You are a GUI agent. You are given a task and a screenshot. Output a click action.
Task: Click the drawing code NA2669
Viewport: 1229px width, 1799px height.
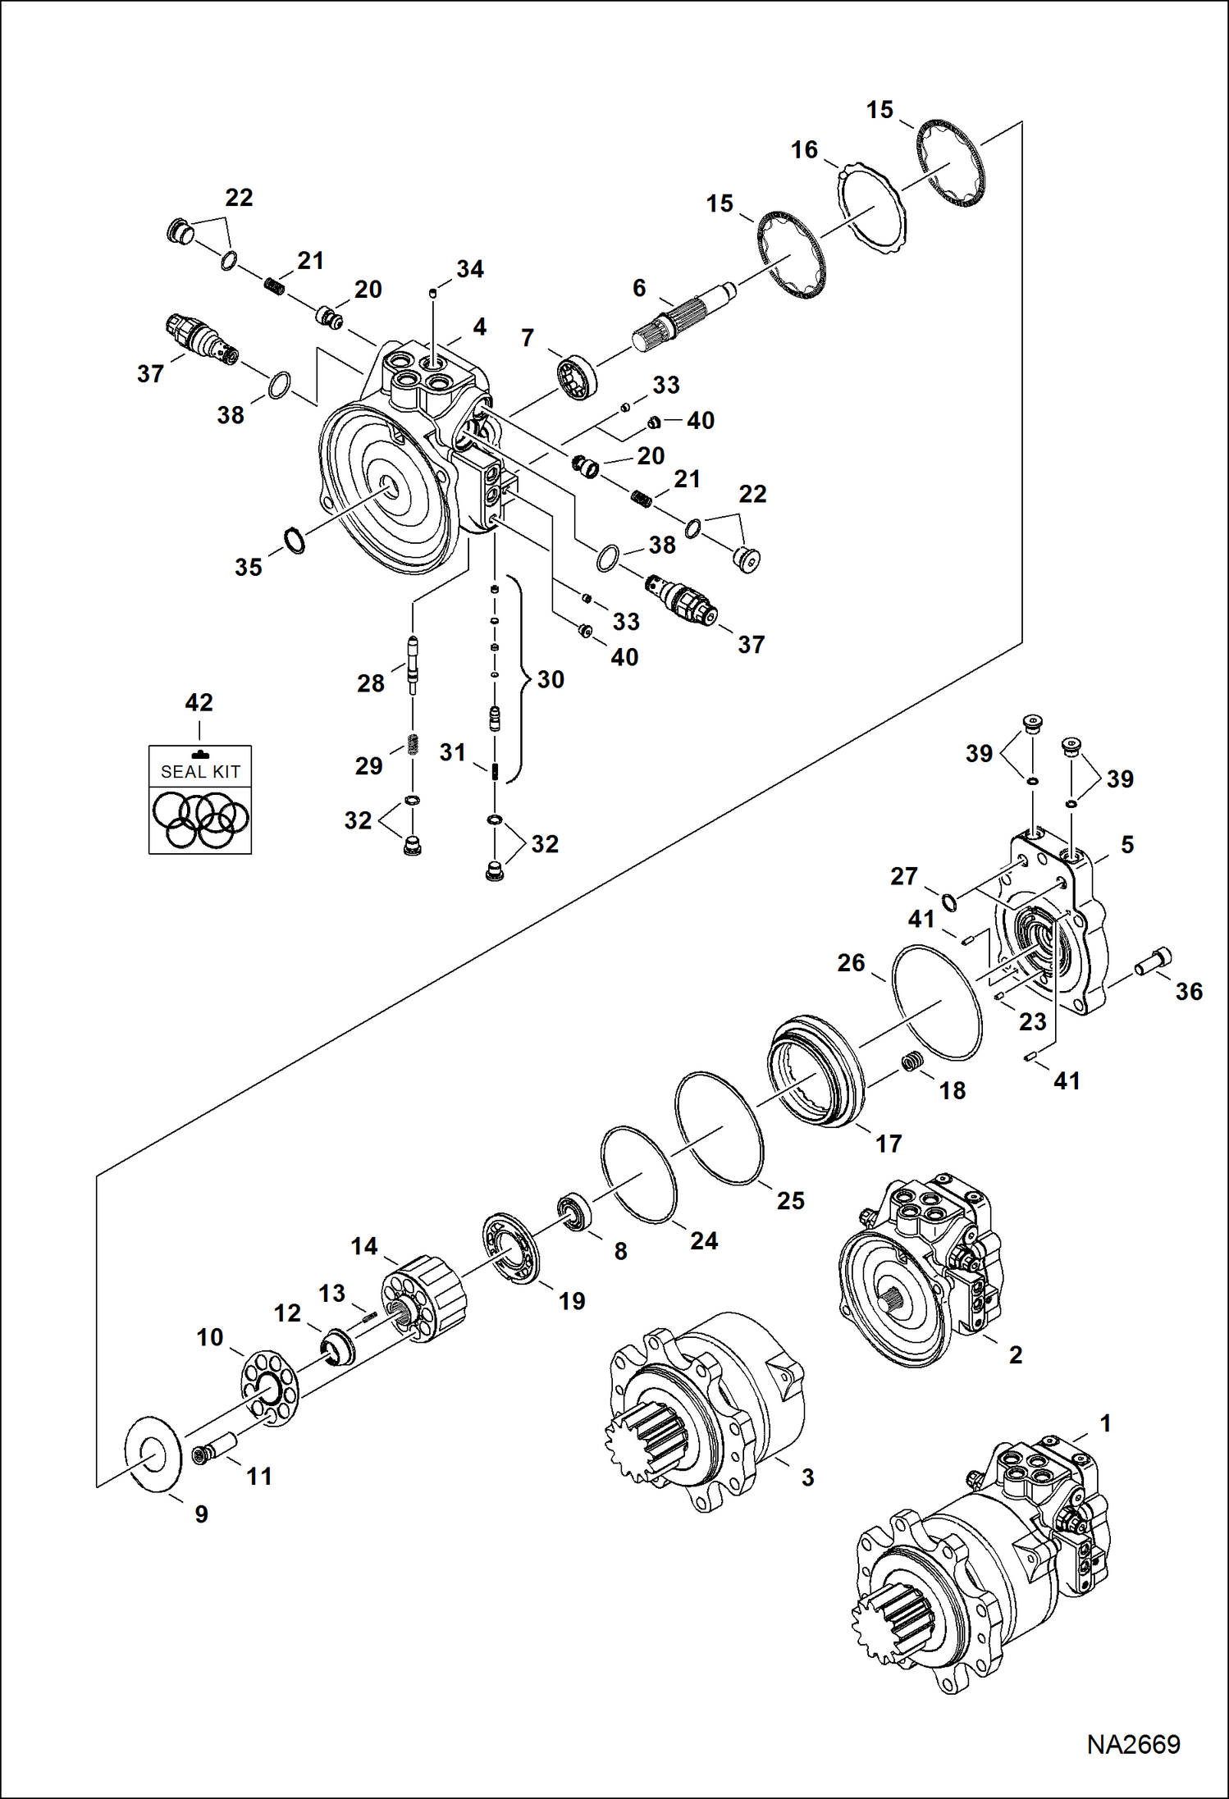[x=1133, y=1743]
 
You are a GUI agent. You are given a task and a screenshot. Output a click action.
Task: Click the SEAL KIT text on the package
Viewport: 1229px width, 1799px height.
[x=200, y=772]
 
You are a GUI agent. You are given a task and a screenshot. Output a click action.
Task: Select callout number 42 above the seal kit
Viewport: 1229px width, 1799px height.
[x=199, y=702]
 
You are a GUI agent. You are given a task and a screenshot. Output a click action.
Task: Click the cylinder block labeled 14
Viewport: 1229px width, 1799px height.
[x=425, y=1297]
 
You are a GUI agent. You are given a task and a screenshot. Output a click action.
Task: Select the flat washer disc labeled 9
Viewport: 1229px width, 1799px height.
[x=153, y=1452]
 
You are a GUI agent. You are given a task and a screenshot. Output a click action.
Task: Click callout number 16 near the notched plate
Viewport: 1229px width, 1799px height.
[x=804, y=149]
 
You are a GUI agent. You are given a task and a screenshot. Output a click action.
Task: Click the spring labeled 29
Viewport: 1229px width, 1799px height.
[x=413, y=745]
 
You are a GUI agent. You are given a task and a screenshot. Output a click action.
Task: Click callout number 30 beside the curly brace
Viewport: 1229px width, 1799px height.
[x=551, y=679]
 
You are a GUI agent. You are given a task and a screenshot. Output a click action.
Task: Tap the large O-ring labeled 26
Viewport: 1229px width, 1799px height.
[x=936, y=1002]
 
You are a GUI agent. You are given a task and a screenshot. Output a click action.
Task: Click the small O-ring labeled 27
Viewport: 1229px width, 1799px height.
[x=949, y=902]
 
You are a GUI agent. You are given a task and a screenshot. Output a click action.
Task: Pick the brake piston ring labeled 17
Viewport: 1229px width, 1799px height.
[x=816, y=1071]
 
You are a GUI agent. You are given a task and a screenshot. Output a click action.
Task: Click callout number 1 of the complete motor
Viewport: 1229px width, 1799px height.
[x=1105, y=1423]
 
